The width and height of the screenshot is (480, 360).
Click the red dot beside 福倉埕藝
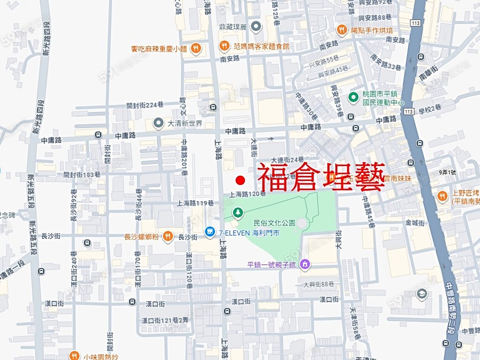pyautogui.click(x=240, y=180)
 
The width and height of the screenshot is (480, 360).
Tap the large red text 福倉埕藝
pyautogui.click(x=322, y=178)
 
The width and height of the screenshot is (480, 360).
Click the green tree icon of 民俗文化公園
pyautogui.click(x=237, y=213)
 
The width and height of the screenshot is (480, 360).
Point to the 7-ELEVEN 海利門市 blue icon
pyautogui.click(x=210, y=233)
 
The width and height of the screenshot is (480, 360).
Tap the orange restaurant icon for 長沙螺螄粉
pyautogui.click(x=168, y=236)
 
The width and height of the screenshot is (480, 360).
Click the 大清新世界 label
pyautogui.click(x=185, y=123)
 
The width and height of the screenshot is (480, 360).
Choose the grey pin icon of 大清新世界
pyautogui.click(x=158, y=123)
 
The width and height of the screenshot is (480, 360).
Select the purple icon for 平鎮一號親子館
pyautogui.click(x=305, y=263)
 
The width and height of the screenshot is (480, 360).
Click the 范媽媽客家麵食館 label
pyautogui.click(x=261, y=46)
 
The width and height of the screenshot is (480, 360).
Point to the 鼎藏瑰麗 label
pyautogui.click(x=233, y=26)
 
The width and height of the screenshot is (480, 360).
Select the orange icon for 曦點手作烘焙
pyautogui.click(x=341, y=30)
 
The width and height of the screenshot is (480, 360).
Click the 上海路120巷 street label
pyautogui.click(x=248, y=194)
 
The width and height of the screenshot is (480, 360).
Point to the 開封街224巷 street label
pyautogui.click(x=145, y=105)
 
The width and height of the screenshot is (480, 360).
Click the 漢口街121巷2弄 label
pyautogui.click(x=165, y=320)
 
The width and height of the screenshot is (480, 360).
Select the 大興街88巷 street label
pyautogui.click(x=318, y=284)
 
